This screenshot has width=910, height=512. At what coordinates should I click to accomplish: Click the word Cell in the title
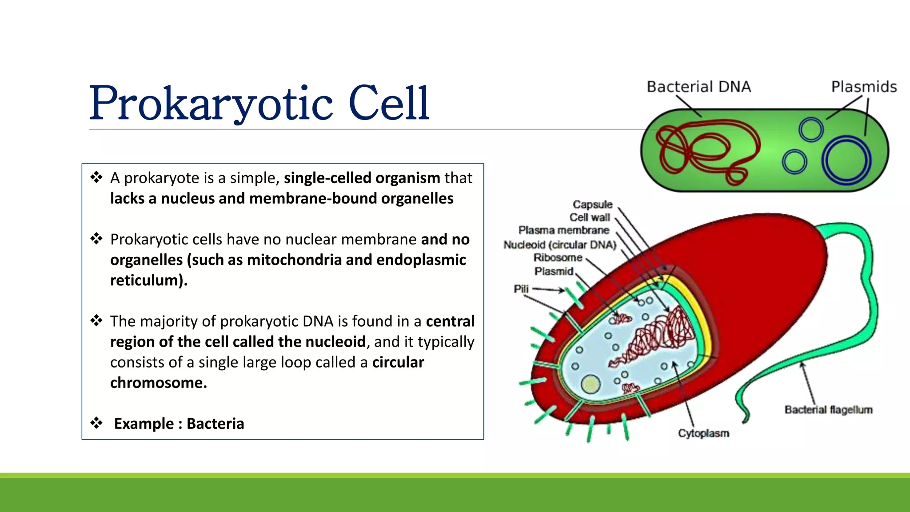[x=389, y=103]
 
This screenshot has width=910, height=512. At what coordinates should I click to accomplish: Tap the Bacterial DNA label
[x=698, y=87]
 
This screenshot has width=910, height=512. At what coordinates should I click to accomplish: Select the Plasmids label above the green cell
[x=864, y=87]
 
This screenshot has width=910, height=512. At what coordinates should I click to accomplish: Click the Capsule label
[x=592, y=204]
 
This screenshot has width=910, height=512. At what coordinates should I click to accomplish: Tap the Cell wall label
[x=590, y=217]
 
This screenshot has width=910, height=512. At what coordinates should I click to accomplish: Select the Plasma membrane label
[x=563, y=230]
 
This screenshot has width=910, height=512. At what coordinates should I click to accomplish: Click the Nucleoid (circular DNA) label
[x=559, y=245]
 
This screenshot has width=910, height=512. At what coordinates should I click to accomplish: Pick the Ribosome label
[x=558, y=258]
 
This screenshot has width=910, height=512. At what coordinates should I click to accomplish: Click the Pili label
[x=521, y=289]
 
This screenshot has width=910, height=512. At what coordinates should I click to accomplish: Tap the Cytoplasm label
[x=703, y=433]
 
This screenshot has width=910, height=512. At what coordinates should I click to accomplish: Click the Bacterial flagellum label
[x=828, y=410]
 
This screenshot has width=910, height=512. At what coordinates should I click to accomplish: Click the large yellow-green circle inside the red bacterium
[x=591, y=384]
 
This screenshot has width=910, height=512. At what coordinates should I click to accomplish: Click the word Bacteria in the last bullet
[x=215, y=424]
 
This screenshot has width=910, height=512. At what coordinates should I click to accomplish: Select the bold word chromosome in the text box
[x=158, y=383]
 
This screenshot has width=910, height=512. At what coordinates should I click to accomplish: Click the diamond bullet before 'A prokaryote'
[x=96, y=177]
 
